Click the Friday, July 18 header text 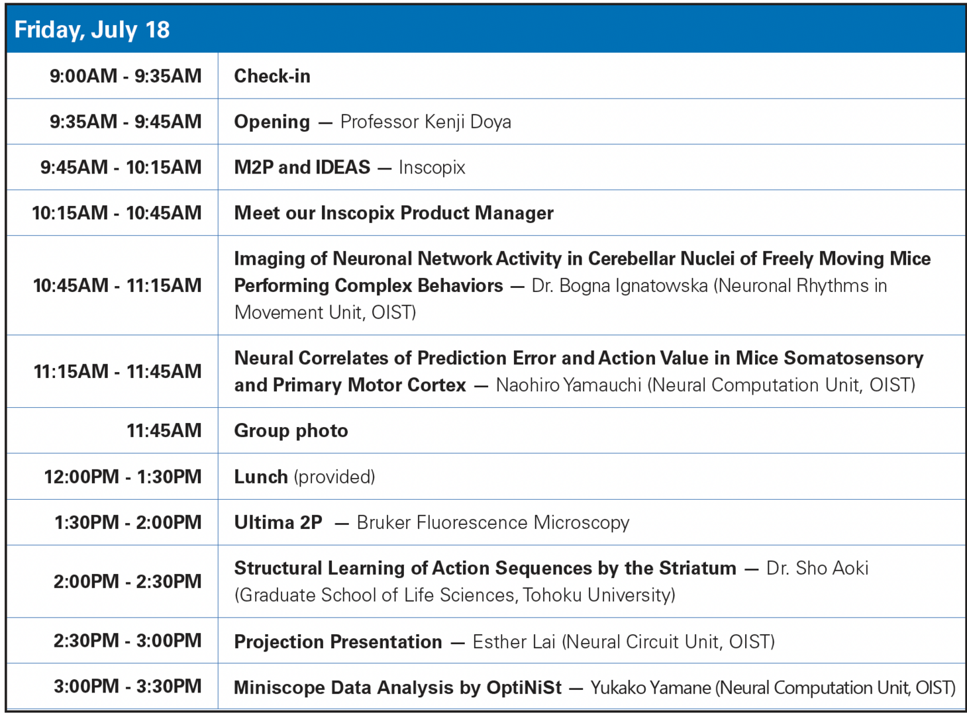[x=92, y=30]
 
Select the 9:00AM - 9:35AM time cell [x=125, y=76]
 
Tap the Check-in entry [x=272, y=76]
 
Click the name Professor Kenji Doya [x=425, y=122]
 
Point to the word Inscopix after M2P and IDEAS [x=432, y=167]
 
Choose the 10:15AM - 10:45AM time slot [x=117, y=213]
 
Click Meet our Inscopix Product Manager [x=393, y=213]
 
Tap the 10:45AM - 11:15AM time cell [x=117, y=285]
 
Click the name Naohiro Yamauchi [x=568, y=385]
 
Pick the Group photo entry [x=291, y=431]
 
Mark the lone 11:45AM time [x=164, y=431]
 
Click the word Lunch [x=261, y=477]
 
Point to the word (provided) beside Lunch [x=334, y=477]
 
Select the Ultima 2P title [x=278, y=522]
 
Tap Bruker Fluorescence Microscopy [x=493, y=522]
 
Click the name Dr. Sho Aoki [x=817, y=568]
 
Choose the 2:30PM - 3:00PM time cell [x=127, y=641]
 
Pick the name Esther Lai [x=513, y=642]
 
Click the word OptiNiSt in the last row [x=524, y=687]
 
